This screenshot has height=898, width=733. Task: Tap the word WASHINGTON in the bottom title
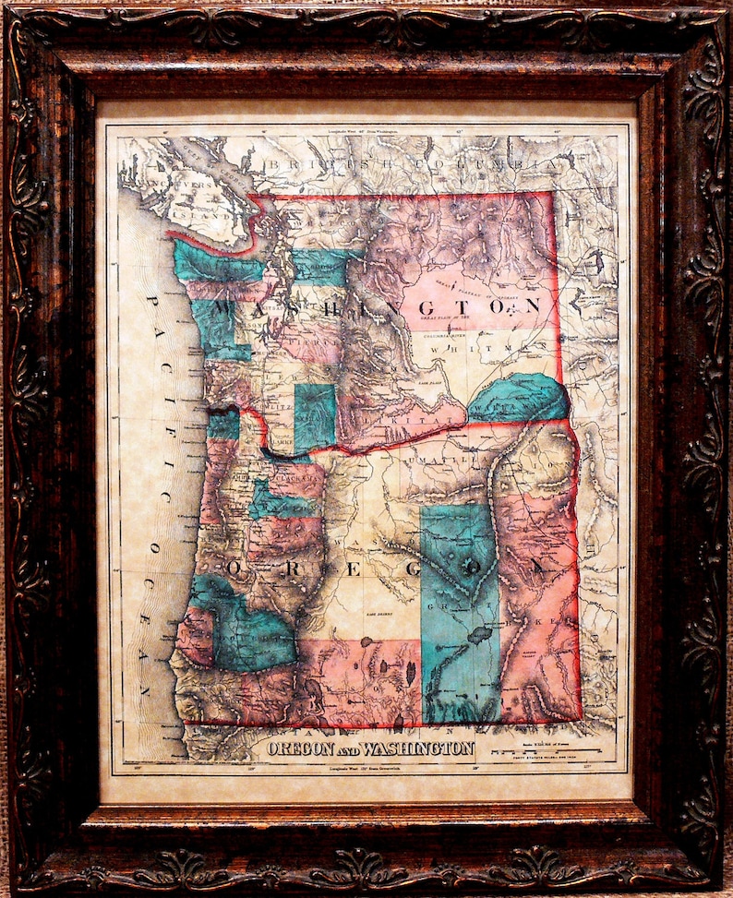[421, 748]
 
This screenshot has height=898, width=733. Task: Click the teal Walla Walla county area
[517, 399]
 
